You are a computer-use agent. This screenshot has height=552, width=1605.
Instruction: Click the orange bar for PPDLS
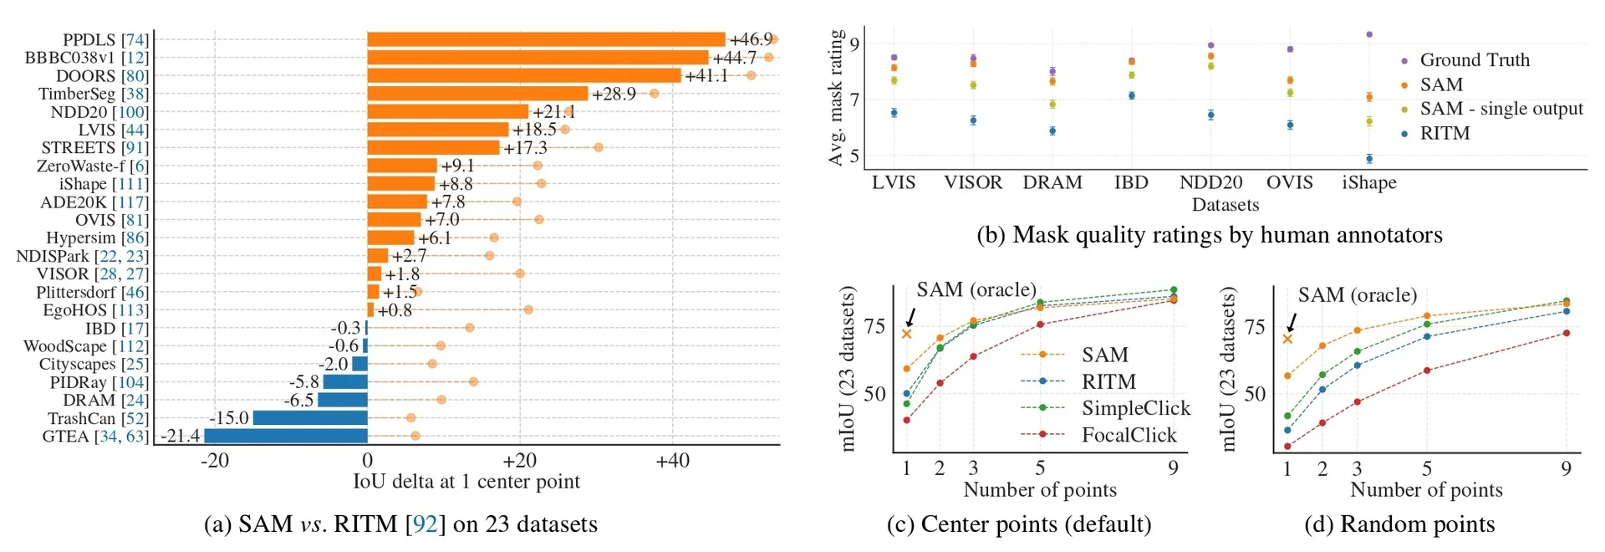(546, 39)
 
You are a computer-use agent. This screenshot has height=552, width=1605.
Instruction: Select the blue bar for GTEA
(286, 436)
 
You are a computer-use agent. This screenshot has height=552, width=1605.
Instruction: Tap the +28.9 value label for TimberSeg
(614, 94)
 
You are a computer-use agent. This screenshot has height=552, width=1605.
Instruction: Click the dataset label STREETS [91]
(94, 148)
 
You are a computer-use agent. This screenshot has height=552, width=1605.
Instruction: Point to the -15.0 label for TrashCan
(229, 418)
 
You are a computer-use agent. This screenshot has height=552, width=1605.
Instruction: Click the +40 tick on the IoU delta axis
(672, 461)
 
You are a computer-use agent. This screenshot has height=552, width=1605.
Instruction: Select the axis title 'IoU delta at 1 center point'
(466, 482)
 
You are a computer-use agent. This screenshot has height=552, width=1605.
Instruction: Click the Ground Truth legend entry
(1474, 60)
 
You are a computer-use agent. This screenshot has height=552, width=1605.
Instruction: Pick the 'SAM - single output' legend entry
(1501, 109)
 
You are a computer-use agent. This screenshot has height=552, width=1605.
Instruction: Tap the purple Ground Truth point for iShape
(1369, 34)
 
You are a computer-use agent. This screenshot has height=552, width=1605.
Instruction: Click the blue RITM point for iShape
(1369, 158)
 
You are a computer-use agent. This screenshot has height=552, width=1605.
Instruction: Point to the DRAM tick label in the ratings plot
(1052, 183)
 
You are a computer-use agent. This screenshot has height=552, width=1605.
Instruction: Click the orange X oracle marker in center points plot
(906, 335)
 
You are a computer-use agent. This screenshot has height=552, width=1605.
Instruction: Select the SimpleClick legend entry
(1135, 408)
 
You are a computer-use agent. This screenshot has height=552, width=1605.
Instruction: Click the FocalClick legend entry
(1129, 435)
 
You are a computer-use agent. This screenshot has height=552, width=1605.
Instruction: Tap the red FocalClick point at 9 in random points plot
(1566, 333)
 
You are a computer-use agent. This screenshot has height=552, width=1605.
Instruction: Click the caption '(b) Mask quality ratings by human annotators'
(1209, 235)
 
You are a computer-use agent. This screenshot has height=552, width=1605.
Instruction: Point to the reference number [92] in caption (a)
(425, 524)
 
